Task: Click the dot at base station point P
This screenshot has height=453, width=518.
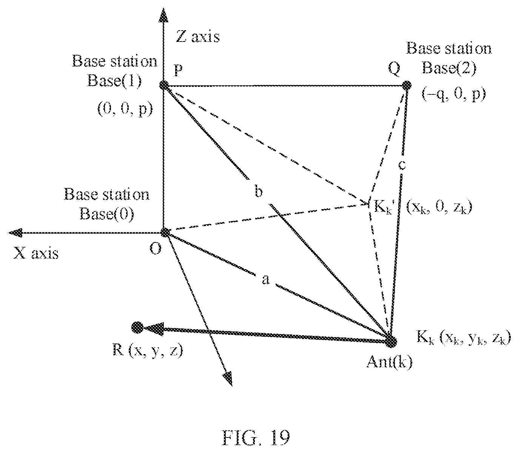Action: tap(164, 85)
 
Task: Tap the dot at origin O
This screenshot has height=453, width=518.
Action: tap(165, 232)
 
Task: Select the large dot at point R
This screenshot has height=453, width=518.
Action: tap(137, 327)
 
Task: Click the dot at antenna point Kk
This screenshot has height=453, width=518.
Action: tap(390, 341)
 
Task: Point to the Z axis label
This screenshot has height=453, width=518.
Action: tap(198, 37)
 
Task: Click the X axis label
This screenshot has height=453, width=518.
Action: tap(36, 253)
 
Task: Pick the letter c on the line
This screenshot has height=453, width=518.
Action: tap(402, 165)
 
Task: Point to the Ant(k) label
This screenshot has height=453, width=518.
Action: tap(389, 362)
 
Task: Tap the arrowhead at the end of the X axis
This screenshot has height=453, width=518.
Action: tap(15, 233)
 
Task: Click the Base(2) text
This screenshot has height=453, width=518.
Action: tap(449, 68)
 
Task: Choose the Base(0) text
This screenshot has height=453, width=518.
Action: tap(106, 214)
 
